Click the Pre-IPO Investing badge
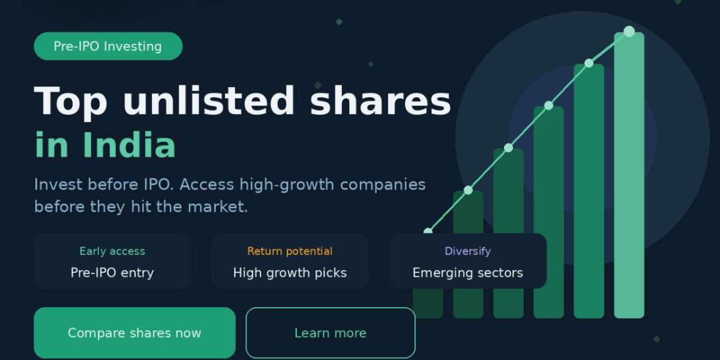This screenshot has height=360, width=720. coord(108,46)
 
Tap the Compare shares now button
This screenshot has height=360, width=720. coord(134,333)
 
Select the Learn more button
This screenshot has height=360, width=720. coord(330,333)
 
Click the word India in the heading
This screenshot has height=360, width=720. coord(128,145)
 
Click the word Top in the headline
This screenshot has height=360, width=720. coord(71,101)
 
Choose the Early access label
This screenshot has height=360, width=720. coord(112,251)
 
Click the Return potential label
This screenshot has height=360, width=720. coord(290,251)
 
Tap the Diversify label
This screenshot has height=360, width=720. coord(467,251)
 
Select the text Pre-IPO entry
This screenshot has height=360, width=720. coord(112,273)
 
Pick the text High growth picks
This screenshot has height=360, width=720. coord(290,273)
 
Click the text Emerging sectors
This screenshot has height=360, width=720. coord(467,273)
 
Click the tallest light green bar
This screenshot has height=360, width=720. coord(629,180)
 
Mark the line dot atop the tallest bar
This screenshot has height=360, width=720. coord(629,31)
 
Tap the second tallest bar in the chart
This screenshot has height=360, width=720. coord(589,192)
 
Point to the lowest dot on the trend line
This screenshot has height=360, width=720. coord(428,232)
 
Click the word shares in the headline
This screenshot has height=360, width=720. coord(380,101)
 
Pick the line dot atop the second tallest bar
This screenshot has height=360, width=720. coord(589,63)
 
